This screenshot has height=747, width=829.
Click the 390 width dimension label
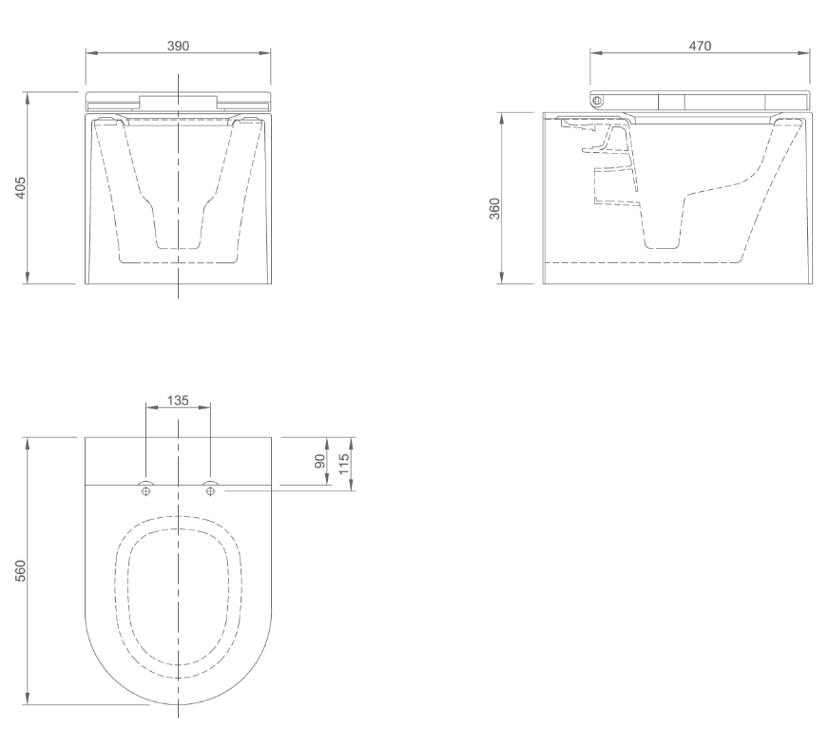point(178,46)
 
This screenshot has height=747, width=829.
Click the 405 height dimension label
point(19,188)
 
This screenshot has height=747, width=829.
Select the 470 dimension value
point(701,46)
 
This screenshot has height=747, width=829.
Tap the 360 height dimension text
point(493,206)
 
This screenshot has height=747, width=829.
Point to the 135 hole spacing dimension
point(178,400)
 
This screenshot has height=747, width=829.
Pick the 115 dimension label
point(344,465)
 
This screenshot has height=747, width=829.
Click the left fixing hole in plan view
point(145,490)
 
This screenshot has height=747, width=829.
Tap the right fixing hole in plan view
point(210,490)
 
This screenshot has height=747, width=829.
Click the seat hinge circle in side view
point(597,99)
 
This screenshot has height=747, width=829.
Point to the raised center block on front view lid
point(178,101)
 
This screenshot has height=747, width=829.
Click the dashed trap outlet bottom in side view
point(664,247)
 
